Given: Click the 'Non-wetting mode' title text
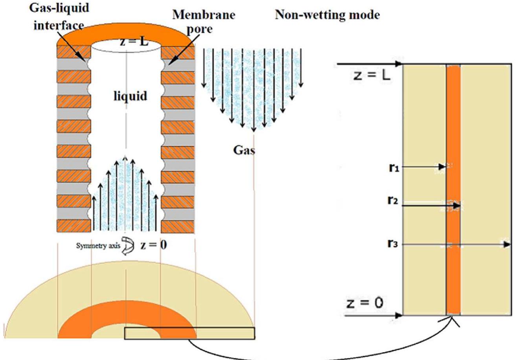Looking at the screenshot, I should click(x=327, y=15).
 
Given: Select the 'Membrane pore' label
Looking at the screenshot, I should click(x=203, y=21).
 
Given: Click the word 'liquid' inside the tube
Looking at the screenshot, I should click(x=130, y=96).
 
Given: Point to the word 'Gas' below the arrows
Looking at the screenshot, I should click(x=244, y=150).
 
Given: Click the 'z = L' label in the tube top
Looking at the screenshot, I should click(x=134, y=41).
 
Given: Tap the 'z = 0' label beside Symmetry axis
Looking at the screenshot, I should click(x=153, y=245).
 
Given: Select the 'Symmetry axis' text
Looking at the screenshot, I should click(x=98, y=246).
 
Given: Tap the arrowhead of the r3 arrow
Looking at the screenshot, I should click(x=507, y=244).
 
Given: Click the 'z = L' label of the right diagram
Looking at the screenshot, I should click(x=372, y=75).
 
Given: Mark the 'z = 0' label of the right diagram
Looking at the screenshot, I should click(x=365, y=303).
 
